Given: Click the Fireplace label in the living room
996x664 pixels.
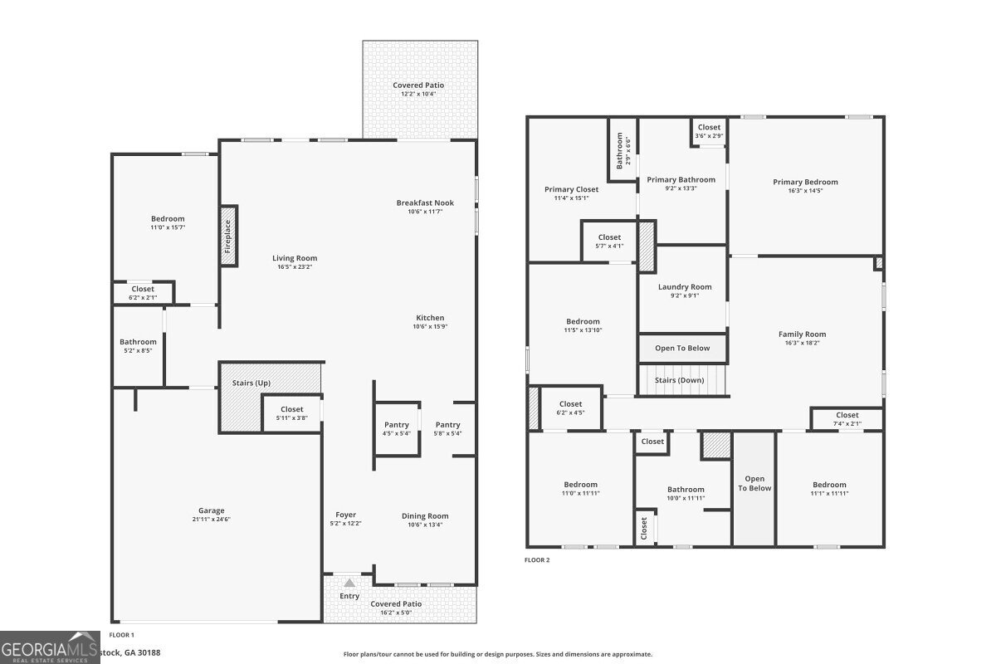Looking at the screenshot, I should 227,236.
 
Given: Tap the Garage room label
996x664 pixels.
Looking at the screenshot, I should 211,510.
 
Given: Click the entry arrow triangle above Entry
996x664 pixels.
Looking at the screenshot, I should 349,583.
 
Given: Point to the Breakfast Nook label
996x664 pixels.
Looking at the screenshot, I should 425,203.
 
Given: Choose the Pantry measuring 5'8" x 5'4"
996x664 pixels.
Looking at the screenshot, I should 447,425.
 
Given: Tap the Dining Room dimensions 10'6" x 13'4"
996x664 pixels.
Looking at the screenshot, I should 425,525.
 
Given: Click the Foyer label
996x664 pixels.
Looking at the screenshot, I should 346,515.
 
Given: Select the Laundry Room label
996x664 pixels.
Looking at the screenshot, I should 685,287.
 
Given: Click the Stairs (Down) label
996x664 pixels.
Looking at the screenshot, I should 680,380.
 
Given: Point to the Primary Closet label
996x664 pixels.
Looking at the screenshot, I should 571,189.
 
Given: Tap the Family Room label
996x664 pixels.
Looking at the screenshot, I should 802,334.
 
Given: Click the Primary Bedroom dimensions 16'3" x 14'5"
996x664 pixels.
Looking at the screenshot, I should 805,191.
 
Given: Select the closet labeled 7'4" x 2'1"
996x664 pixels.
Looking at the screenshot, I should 847,419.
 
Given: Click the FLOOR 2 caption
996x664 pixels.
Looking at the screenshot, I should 537,560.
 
